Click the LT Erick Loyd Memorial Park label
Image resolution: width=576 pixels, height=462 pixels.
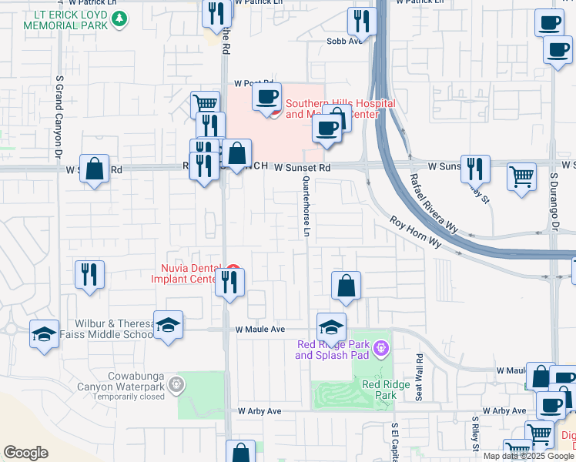click(64, 20)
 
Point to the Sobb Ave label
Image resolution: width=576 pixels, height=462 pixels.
click(344, 42)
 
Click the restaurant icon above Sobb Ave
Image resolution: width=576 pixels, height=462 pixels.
click(359, 21)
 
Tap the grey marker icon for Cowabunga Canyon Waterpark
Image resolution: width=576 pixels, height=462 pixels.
click(176, 383)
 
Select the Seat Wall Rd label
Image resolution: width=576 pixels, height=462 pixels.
click(420, 377)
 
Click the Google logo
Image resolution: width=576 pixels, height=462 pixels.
click(26, 453)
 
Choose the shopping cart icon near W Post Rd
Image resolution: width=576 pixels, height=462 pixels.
click(204, 104)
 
